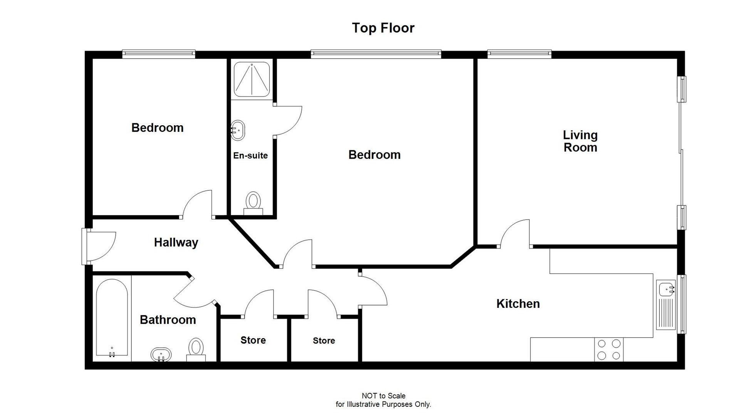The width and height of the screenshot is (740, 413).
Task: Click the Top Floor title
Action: [x=383, y=28]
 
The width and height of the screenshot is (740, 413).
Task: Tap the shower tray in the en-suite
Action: [x=252, y=79]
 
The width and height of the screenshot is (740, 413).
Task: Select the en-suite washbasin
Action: [x=238, y=131]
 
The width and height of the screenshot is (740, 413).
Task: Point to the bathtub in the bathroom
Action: [x=112, y=317]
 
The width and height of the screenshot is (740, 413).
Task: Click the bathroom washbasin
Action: [x=161, y=354]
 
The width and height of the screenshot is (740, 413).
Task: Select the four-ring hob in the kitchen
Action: [x=609, y=349]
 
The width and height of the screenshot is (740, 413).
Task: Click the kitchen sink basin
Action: [x=666, y=289]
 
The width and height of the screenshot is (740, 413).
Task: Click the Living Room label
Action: [x=580, y=141]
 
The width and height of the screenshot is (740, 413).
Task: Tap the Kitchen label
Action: [x=518, y=304]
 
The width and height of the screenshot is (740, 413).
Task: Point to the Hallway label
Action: [x=176, y=242]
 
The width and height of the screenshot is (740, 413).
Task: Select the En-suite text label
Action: [x=250, y=156]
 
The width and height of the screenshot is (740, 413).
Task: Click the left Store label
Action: [x=253, y=340]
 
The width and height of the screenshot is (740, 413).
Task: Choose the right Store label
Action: [x=324, y=341]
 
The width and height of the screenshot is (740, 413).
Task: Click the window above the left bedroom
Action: [x=159, y=54]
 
